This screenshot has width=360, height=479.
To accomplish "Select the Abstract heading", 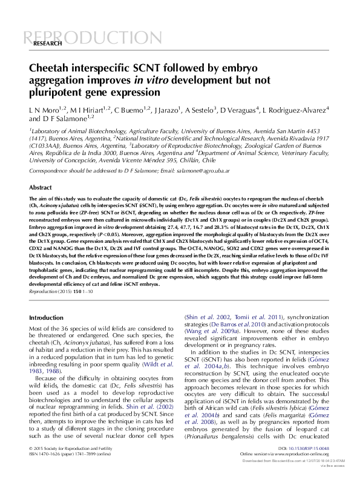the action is (x=41, y=188).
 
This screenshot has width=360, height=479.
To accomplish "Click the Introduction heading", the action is (x=46, y=316).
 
